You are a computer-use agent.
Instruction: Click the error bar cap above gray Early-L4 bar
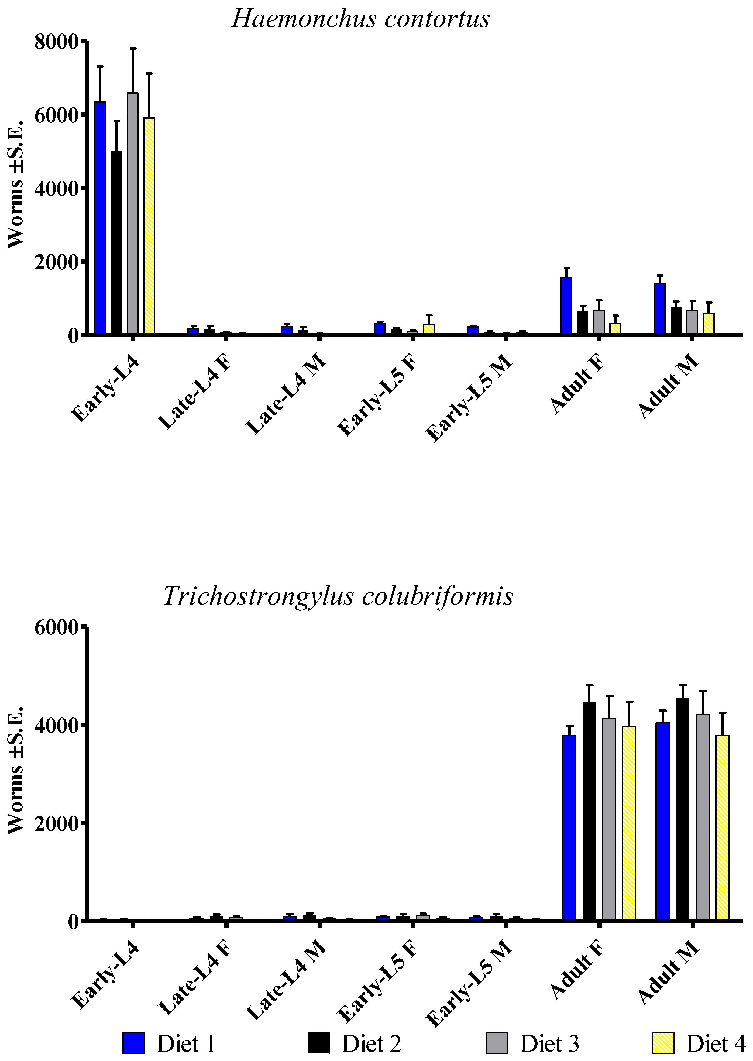click(x=133, y=48)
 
